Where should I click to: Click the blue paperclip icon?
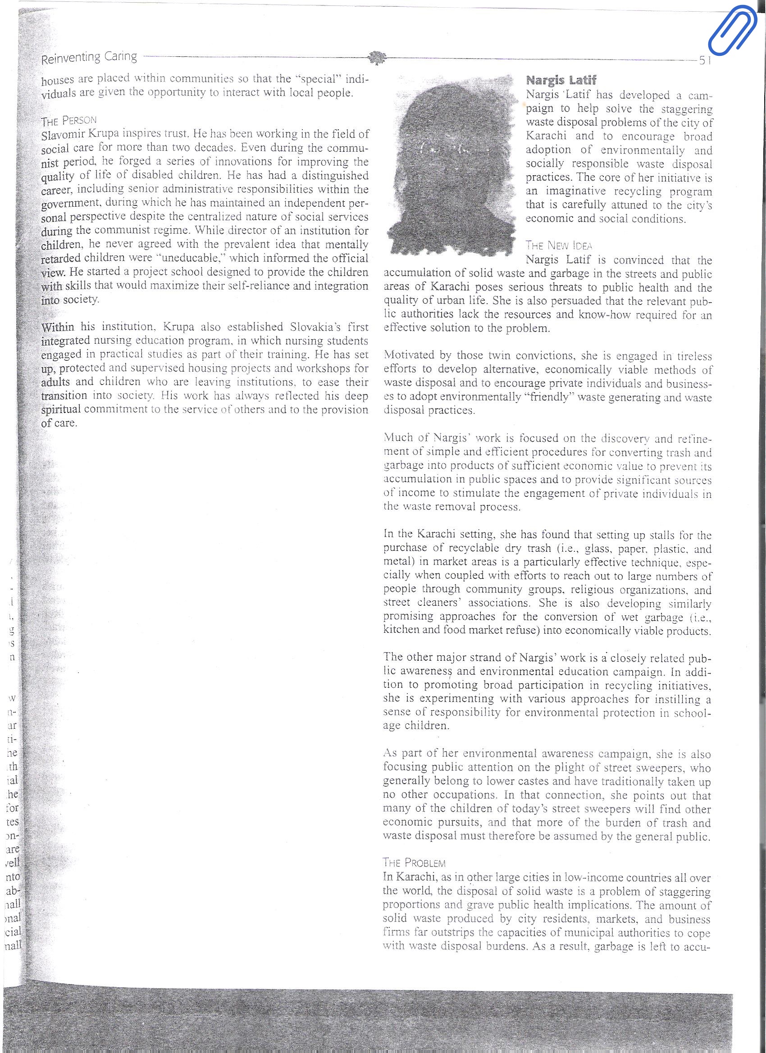coord(733,29)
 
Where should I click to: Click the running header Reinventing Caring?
coord(89,58)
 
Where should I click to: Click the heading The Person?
coord(69,122)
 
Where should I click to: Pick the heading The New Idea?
coord(559,245)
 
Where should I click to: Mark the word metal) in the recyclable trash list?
coord(399,562)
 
